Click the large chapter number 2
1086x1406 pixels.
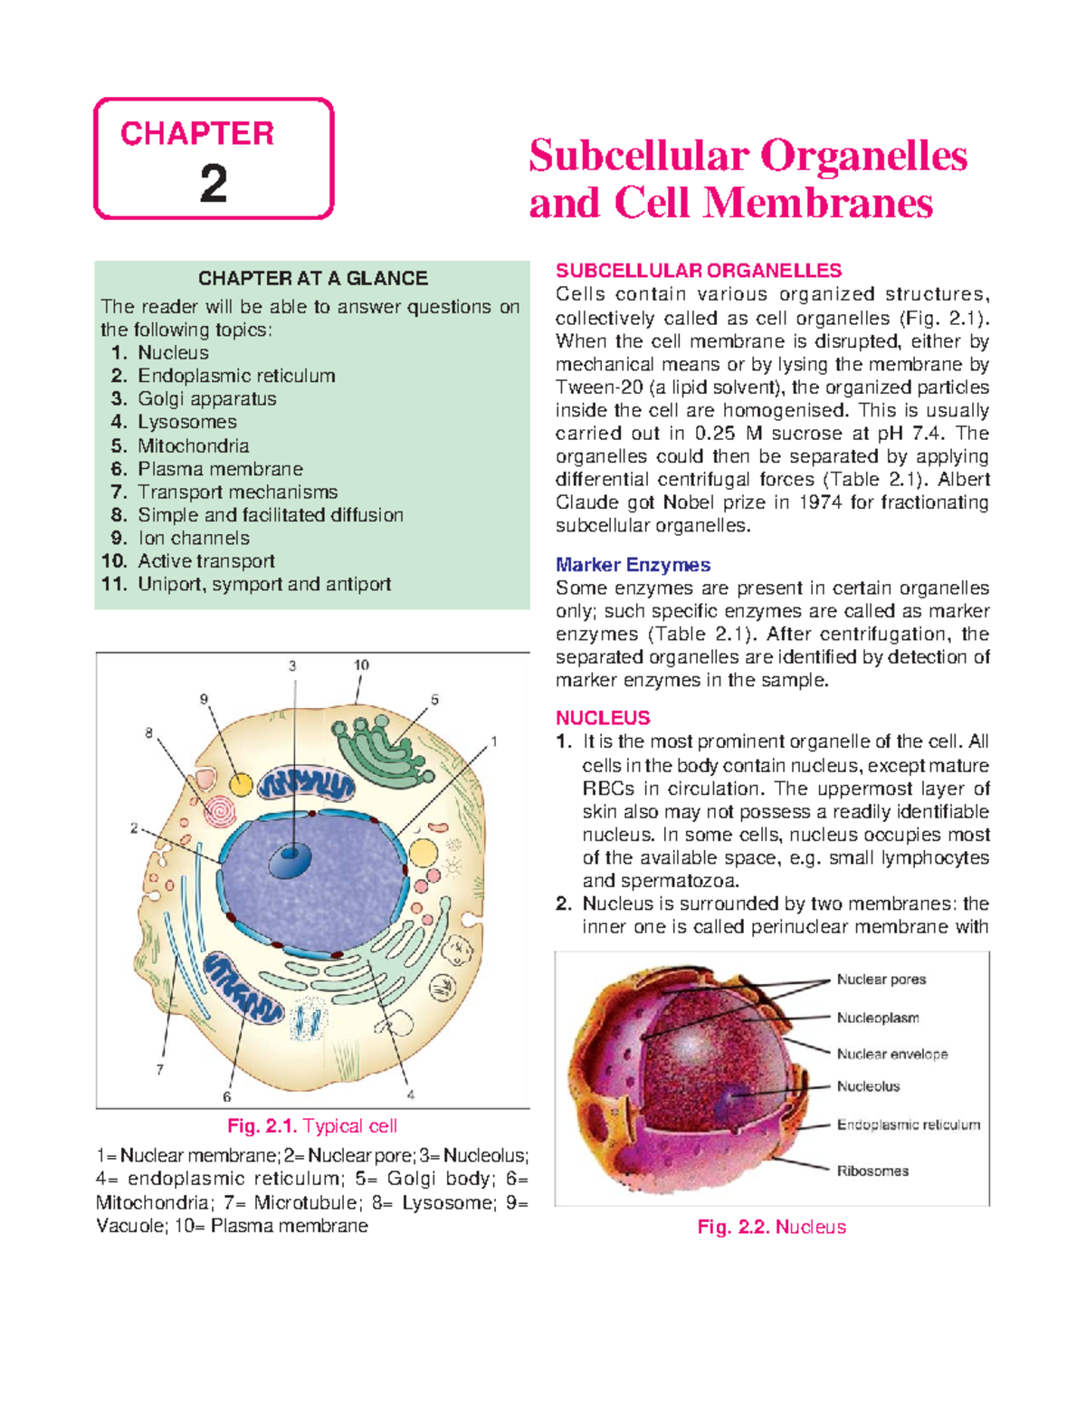[214, 184]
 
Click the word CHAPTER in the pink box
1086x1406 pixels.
[197, 134]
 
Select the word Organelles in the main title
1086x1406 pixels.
[864, 156]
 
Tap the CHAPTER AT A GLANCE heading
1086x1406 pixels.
[313, 278]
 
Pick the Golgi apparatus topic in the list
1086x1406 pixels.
[206, 399]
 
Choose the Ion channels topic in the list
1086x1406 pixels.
[193, 538]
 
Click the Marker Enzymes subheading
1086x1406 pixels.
[633, 565]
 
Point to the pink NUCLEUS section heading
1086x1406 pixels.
[603, 718]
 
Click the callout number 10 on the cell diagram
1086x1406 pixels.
[361, 665]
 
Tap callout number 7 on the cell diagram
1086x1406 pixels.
[160, 1070]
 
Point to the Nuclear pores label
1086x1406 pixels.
[881, 980]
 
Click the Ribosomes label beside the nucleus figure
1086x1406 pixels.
[872, 1171]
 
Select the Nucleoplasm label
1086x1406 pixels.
[878, 1018]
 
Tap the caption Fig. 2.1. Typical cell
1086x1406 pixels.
[312, 1126]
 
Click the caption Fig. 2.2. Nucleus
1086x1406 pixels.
[772, 1228]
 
